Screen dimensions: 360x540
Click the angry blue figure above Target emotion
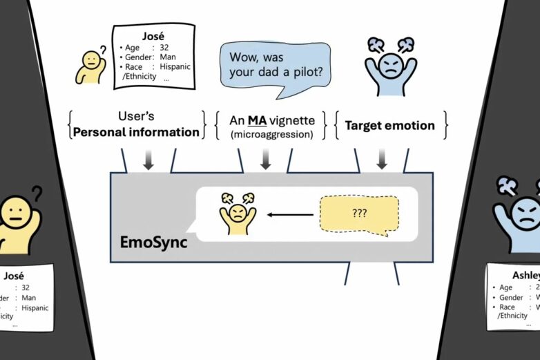(x=391, y=66)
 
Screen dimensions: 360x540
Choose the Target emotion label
(x=389, y=125)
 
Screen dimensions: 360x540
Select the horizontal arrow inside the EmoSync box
(x=289, y=214)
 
